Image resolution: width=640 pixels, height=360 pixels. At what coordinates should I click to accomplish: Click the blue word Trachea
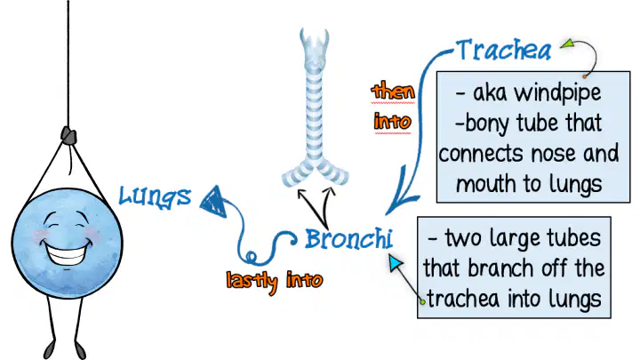tap(504, 50)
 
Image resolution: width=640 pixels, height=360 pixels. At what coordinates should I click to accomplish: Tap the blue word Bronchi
tap(349, 239)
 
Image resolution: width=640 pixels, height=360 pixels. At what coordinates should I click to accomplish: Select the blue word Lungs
tap(155, 196)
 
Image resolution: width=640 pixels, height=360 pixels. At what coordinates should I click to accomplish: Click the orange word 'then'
tap(393, 91)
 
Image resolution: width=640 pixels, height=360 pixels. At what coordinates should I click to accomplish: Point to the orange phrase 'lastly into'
tap(275, 280)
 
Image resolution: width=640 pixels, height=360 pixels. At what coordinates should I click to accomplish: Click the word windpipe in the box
tap(557, 93)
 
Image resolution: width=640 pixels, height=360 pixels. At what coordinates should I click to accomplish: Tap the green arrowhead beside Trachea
tap(567, 44)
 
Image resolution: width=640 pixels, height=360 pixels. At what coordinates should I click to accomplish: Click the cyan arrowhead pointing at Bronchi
tap(396, 263)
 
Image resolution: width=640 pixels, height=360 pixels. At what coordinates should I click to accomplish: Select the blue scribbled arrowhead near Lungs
tap(214, 201)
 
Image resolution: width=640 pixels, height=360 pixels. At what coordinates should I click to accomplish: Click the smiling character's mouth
tap(67, 252)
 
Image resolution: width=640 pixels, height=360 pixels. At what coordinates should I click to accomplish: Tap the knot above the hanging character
tap(68, 135)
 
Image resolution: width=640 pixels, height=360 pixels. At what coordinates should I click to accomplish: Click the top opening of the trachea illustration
tap(315, 36)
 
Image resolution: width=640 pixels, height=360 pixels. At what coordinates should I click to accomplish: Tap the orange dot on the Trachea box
tap(585, 76)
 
